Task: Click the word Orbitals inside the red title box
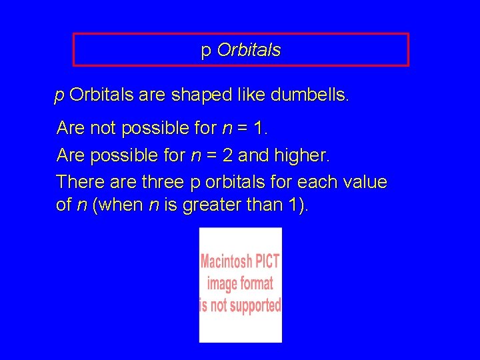pos(249,51)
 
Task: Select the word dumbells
pos(309,95)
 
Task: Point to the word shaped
pos(196,95)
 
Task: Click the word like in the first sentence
pos(251,95)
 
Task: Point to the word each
pos(317,181)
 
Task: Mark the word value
pos(365,181)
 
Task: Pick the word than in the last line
pos(267,205)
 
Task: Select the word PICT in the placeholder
pos(267,261)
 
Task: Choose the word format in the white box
pos(257,283)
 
